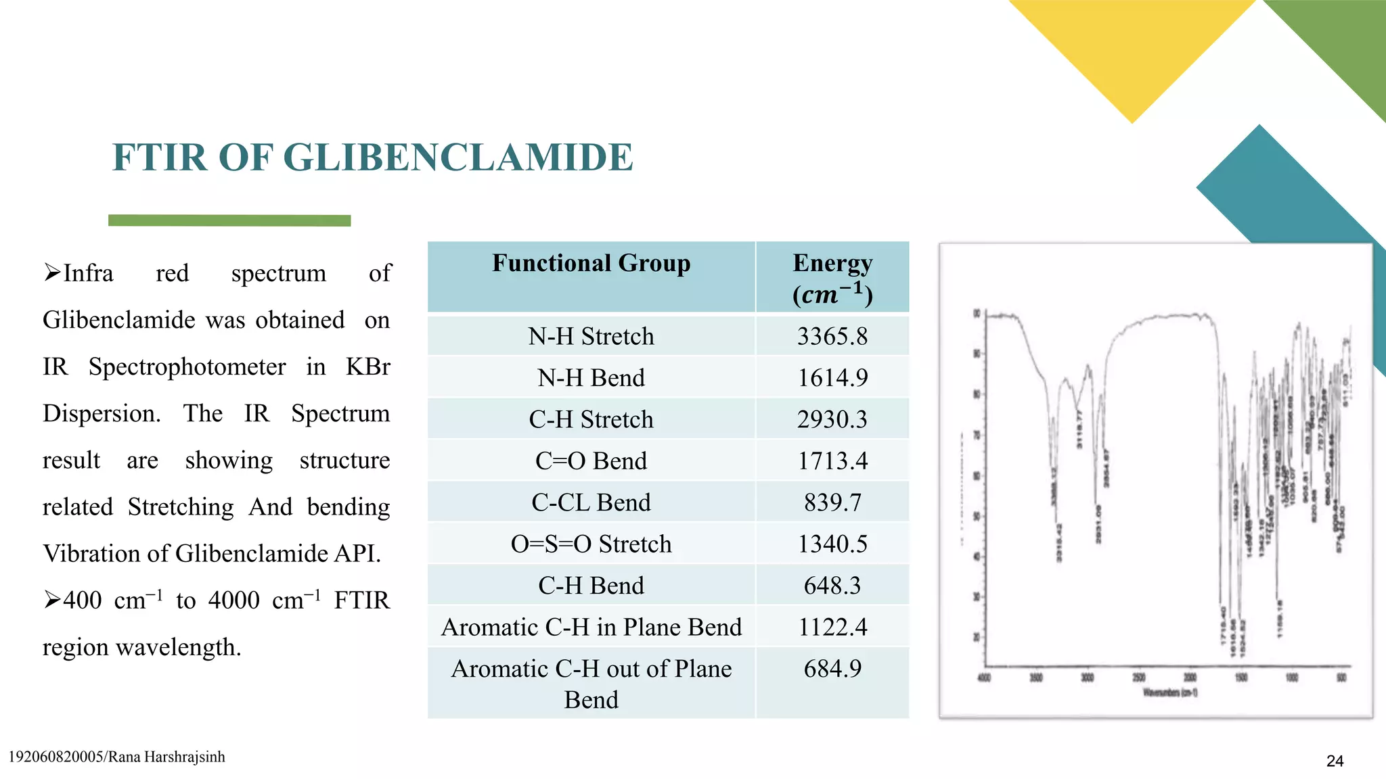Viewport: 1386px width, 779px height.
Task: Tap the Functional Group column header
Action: [591, 263]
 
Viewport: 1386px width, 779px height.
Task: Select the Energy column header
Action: [832, 277]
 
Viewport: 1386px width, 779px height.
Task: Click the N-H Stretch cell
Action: [591, 336]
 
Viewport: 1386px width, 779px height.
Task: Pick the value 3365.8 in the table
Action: [832, 336]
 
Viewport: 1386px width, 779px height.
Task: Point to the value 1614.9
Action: [832, 377]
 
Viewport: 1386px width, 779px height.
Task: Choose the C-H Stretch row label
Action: [591, 419]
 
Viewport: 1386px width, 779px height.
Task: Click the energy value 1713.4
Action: [832, 461]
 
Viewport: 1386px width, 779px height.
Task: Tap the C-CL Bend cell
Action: [591, 502]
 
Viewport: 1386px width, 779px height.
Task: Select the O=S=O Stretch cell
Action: [591, 544]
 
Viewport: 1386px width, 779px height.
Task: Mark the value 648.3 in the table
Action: [832, 586]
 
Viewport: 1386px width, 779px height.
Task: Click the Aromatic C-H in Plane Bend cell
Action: [591, 627]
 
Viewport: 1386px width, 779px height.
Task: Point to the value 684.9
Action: [832, 669]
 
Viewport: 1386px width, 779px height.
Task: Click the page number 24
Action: [1335, 761]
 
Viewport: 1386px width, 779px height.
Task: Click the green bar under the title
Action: [229, 220]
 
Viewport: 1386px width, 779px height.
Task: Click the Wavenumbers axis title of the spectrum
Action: [1170, 692]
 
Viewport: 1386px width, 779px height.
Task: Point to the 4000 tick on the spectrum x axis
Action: [984, 678]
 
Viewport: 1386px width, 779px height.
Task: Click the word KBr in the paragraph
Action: [367, 367]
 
